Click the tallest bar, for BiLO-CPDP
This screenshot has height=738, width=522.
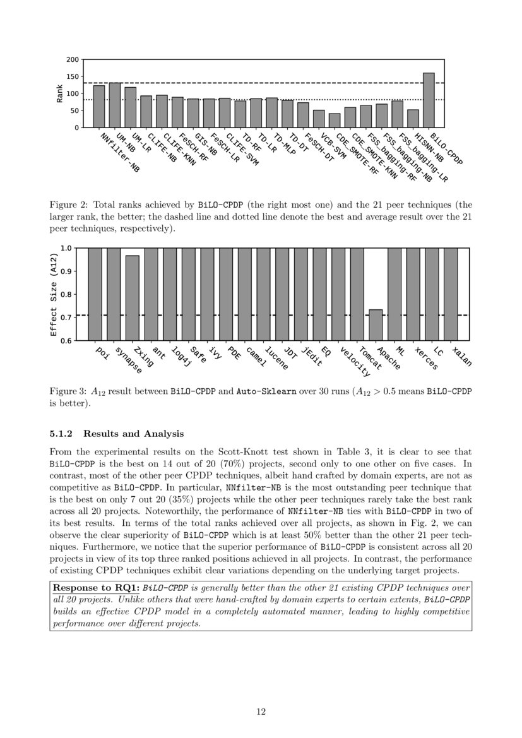429,100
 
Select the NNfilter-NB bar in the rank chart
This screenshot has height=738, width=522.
99,106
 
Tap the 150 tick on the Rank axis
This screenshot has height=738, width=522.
73,77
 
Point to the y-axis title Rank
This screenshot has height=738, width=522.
60,93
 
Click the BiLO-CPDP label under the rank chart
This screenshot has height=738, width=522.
446,149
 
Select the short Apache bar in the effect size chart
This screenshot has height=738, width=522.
376,324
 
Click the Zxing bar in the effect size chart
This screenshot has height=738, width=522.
132,297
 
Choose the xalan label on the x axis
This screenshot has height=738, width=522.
462,357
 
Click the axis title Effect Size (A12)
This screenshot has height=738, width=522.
54,294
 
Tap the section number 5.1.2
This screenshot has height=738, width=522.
62,434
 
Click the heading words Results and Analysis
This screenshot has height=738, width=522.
133,434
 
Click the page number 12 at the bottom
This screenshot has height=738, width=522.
261,711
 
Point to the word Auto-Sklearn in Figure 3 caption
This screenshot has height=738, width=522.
258,391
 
